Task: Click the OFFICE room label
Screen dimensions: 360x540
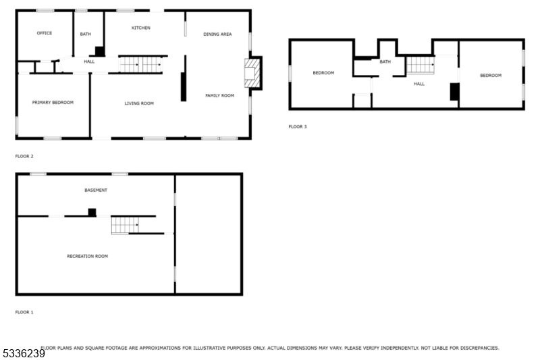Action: [x=45, y=33]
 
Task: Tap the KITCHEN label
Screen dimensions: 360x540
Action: [x=140, y=28]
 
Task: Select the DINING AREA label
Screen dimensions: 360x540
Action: [x=217, y=34]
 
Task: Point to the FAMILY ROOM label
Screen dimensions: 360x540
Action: [x=219, y=96]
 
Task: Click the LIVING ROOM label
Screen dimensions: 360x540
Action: [x=139, y=103]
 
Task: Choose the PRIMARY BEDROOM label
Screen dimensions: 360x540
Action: [x=53, y=103]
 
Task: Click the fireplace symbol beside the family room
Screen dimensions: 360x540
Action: [x=252, y=72]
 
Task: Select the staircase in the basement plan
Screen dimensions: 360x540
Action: [x=126, y=225]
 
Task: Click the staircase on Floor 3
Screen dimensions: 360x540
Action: [x=420, y=65]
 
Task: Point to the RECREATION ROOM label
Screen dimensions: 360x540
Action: [x=87, y=256]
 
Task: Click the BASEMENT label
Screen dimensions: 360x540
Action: [x=95, y=190]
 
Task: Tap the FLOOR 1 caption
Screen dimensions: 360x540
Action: [x=24, y=312]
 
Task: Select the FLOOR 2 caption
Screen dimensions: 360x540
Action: [x=24, y=156]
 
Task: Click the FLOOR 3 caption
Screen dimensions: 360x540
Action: [x=297, y=126]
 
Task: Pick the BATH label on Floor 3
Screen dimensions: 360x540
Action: [x=385, y=62]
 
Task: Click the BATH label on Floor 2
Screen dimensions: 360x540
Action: [x=86, y=34]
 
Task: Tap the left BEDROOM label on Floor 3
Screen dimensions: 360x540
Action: [x=323, y=73]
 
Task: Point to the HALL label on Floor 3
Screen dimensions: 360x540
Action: [x=419, y=84]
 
